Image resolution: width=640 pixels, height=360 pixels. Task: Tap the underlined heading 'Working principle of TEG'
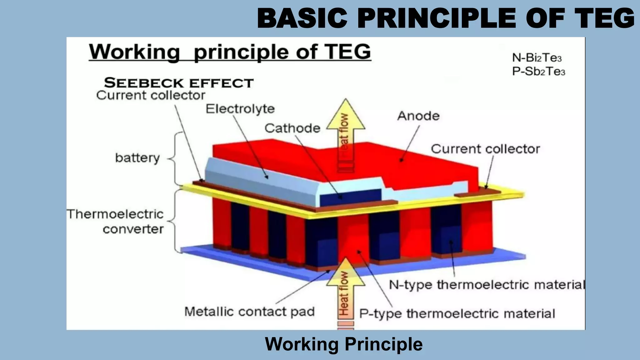tap(230, 52)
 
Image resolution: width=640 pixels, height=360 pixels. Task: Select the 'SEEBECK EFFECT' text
tap(179, 83)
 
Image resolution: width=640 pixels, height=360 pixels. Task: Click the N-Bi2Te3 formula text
tap(537, 58)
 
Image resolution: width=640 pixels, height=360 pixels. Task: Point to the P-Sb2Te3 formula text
tap(538, 72)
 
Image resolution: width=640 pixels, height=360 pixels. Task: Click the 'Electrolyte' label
tap(240, 109)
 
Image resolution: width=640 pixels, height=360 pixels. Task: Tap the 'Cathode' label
tap(292, 128)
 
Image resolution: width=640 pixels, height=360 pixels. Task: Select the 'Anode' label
tap(418, 116)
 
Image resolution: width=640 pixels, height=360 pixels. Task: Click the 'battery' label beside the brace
tap(137, 158)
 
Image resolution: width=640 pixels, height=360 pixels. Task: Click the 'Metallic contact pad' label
tap(249, 312)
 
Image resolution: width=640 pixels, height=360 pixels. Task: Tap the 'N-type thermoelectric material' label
tap(486, 285)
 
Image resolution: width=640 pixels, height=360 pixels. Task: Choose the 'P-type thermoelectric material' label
tap(457, 313)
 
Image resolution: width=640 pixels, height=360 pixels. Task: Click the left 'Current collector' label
tap(151, 95)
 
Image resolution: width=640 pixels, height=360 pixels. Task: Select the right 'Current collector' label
tap(485, 149)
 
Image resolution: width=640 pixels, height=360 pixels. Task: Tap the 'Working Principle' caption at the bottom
tap(344, 344)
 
